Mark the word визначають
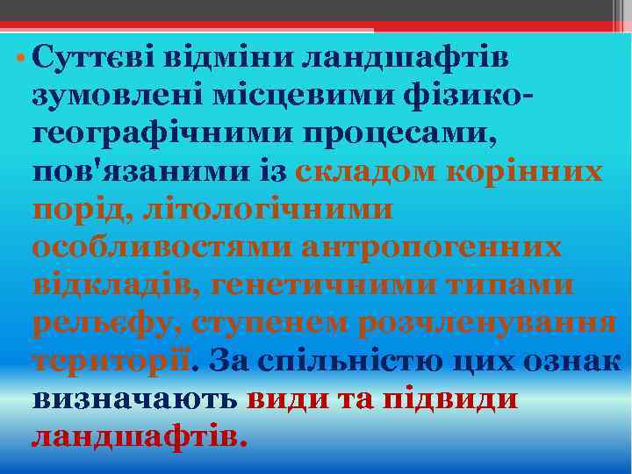[x=134, y=399]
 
